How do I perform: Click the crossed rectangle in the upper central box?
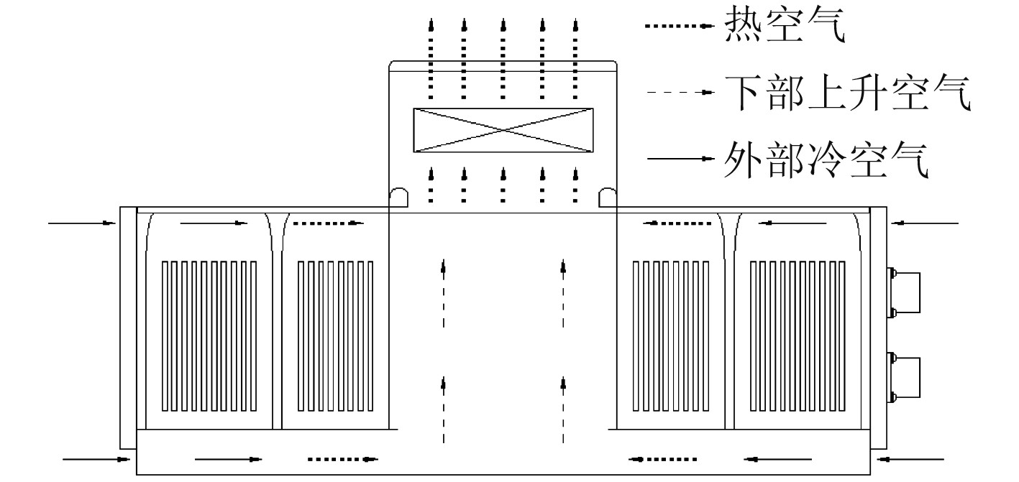(503, 130)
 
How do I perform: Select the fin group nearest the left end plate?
(209, 335)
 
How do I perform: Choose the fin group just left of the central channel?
(336, 335)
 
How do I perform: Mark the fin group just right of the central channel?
(670, 335)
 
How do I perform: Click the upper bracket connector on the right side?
(906, 292)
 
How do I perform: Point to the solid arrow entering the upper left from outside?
(82, 223)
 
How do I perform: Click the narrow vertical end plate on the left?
(127, 328)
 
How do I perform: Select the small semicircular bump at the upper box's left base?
(398, 196)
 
